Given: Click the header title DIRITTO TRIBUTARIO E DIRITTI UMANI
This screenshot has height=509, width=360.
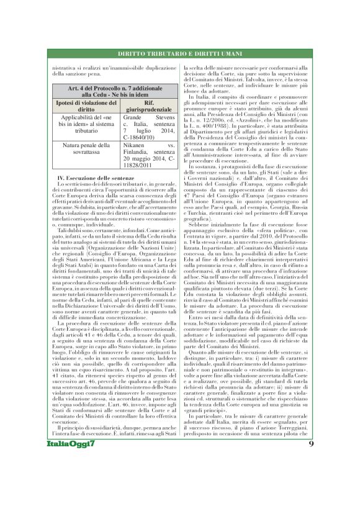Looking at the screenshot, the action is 180,54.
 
